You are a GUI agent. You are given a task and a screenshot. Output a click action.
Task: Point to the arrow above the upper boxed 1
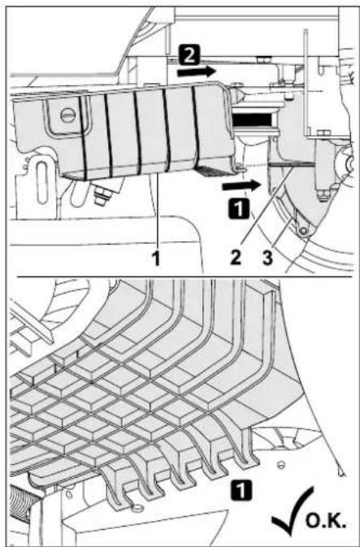(x=244, y=185)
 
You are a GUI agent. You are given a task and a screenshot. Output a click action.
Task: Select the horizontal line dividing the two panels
(x=180, y=277)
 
